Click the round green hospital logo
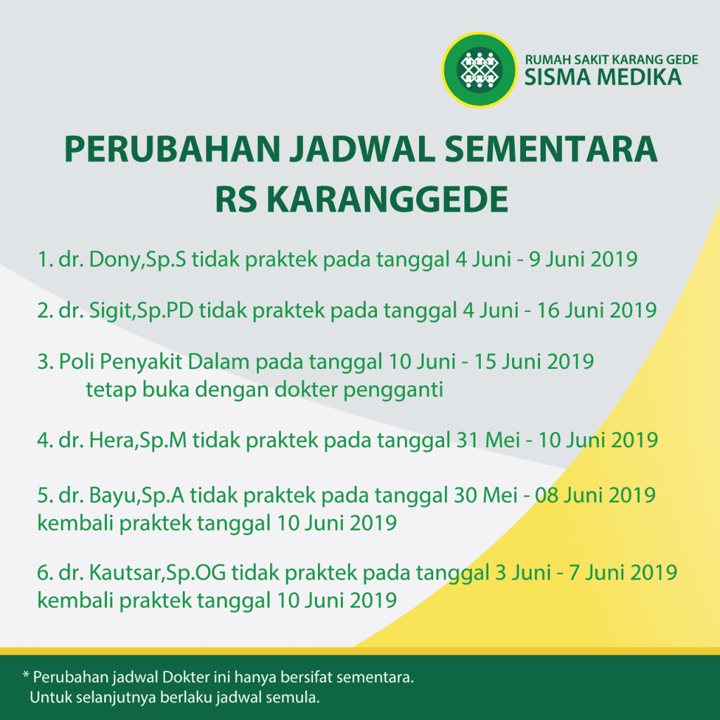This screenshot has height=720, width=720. click(480, 70)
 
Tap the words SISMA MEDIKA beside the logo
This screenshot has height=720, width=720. click(603, 77)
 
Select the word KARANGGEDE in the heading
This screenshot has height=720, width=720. click(387, 199)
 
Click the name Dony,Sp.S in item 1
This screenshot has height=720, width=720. click(137, 259)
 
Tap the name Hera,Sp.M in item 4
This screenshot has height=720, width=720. click(138, 440)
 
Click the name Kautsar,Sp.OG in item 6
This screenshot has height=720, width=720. click(157, 572)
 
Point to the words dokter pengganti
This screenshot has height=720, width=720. click(359, 390)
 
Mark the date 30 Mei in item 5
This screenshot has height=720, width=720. click(486, 496)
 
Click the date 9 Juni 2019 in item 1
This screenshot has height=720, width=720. click(583, 259)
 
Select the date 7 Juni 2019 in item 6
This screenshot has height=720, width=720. click(623, 572)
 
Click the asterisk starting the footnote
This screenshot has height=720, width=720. click(26, 674)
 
